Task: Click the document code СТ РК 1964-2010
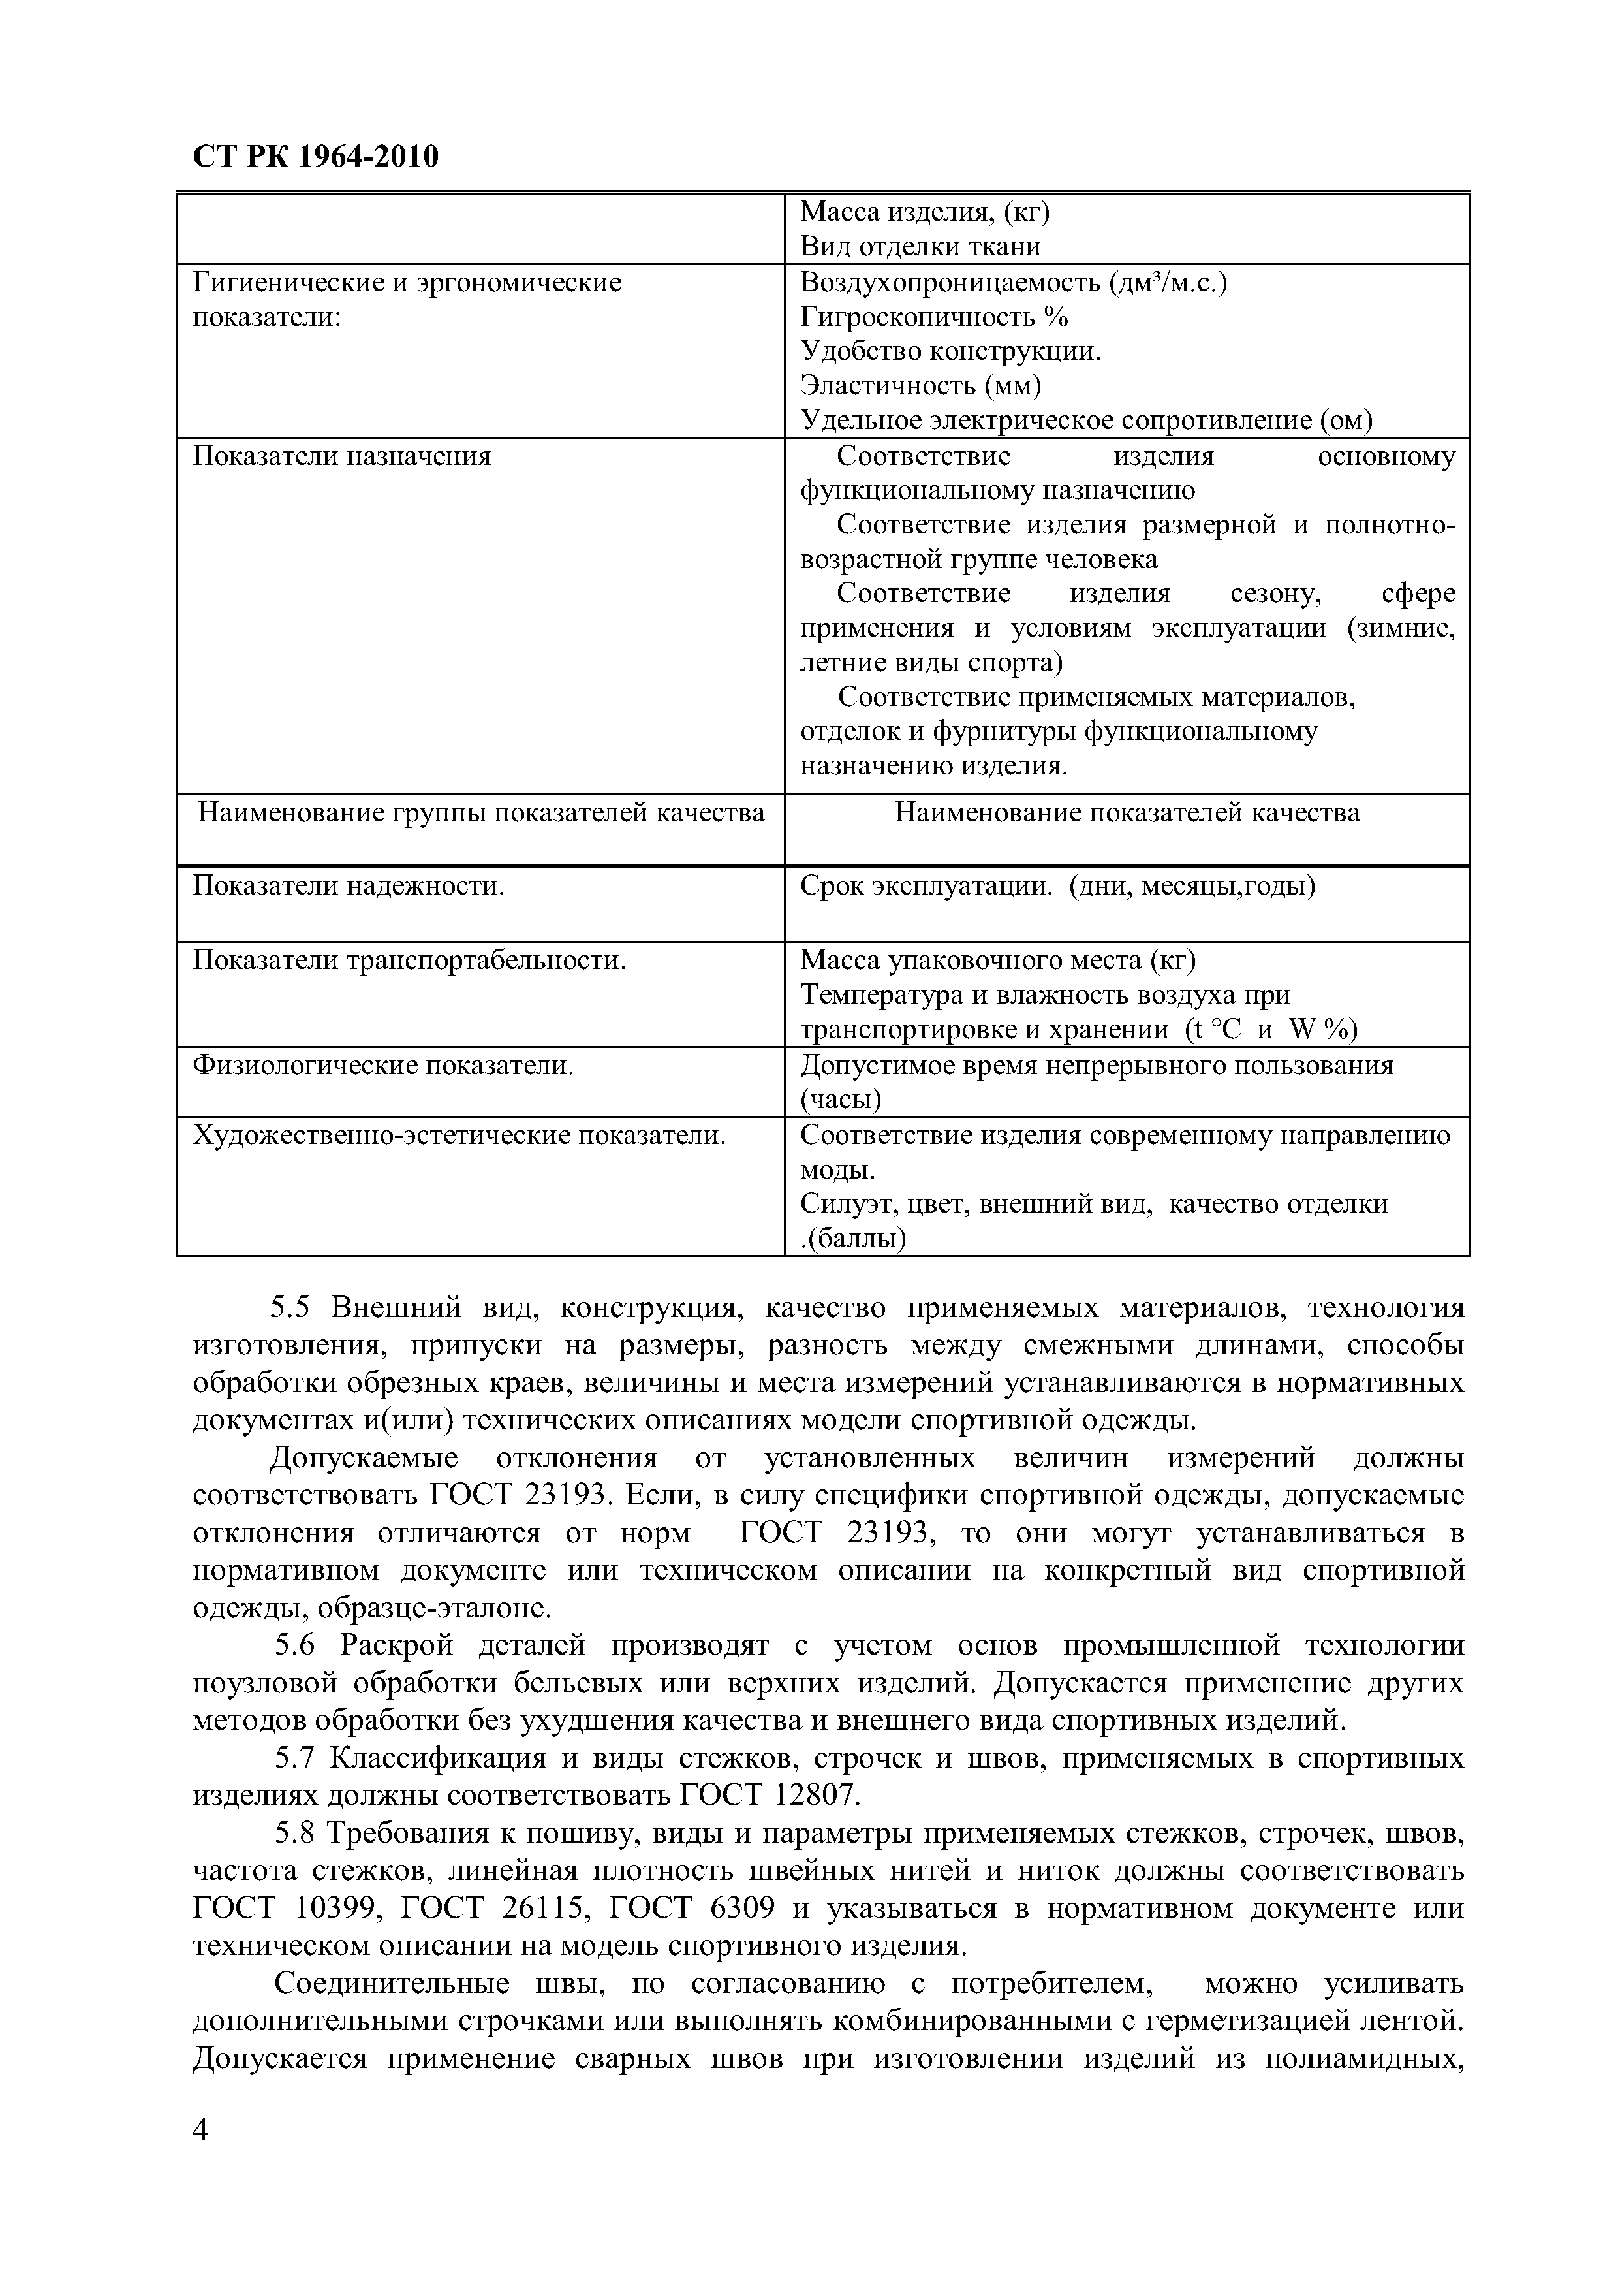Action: click(x=315, y=157)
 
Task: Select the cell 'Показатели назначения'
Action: click(x=342, y=456)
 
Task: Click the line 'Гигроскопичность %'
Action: click(x=933, y=317)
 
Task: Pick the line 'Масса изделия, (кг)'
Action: click(x=926, y=212)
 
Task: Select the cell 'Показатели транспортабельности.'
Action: click(x=409, y=960)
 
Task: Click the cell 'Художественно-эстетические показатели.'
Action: click(x=458, y=1135)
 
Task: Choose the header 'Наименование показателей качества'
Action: click(x=1127, y=813)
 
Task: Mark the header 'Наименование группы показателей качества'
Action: click(x=481, y=813)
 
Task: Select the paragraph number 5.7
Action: click(x=295, y=1758)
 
